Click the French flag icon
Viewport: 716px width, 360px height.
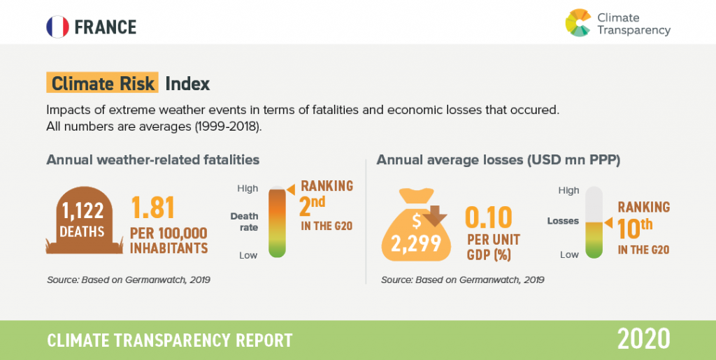(x=57, y=27)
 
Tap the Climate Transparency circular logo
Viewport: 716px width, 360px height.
(x=578, y=22)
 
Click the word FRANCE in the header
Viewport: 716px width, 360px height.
(x=106, y=27)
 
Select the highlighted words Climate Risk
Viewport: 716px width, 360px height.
(x=102, y=83)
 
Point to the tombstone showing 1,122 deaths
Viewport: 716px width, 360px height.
(x=84, y=220)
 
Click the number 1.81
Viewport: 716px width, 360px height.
(x=153, y=208)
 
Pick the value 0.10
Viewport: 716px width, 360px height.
(x=488, y=218)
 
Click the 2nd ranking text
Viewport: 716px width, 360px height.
(x=326, y=206)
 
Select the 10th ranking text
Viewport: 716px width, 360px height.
(x=643, y=228)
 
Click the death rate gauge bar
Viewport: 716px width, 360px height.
(x=277, y=222)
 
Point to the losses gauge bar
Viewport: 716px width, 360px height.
(x=594, y=223)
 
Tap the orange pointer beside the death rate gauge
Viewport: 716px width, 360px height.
(x=290, y=187)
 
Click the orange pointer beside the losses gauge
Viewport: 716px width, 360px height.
(x=608, y=223)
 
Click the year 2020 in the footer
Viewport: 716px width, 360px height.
(x=643, y=340)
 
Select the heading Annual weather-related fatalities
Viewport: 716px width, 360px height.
(x=153, y=160)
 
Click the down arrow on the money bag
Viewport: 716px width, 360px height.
(x=434, y=216)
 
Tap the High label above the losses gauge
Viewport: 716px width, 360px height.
(x=568, y=191)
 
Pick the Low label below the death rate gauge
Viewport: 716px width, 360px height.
(x=248, y=256)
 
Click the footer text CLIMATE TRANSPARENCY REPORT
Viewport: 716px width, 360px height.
(x=170, y=340)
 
